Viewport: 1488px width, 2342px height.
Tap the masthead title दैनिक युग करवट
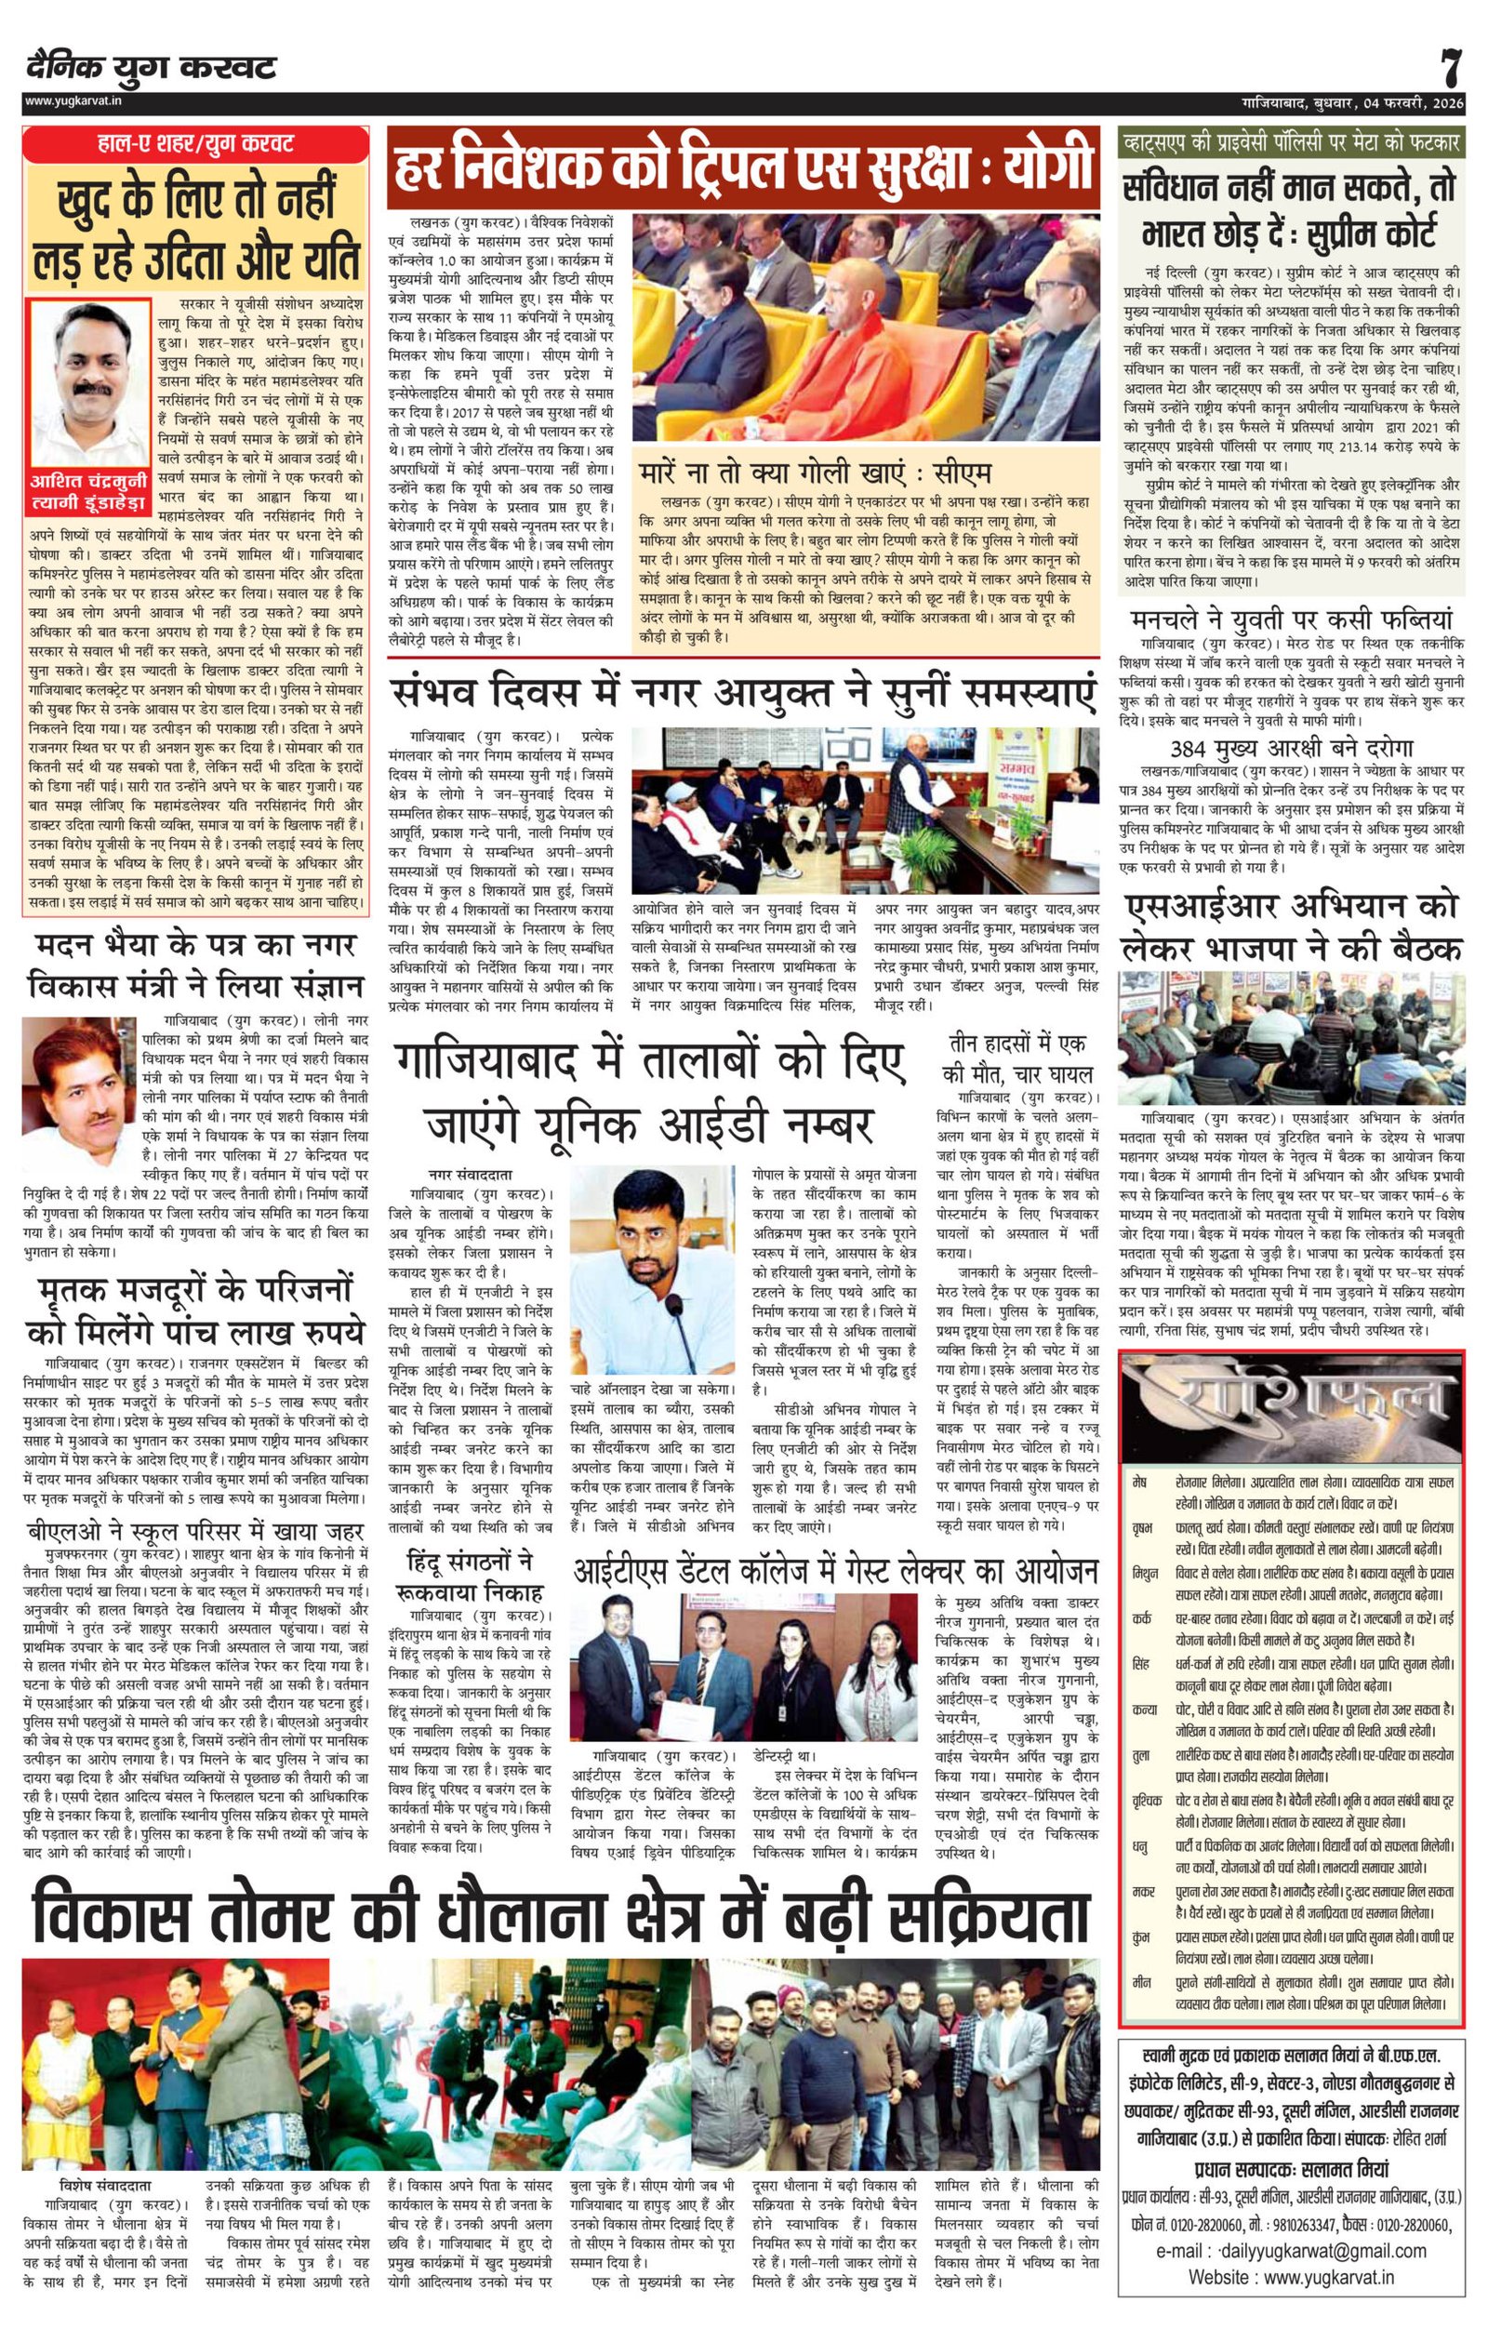click(x=152, y=68)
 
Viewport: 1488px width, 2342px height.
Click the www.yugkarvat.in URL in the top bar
click(x=67, y=100)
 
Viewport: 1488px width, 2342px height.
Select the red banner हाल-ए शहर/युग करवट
click(x=195, y=144)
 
